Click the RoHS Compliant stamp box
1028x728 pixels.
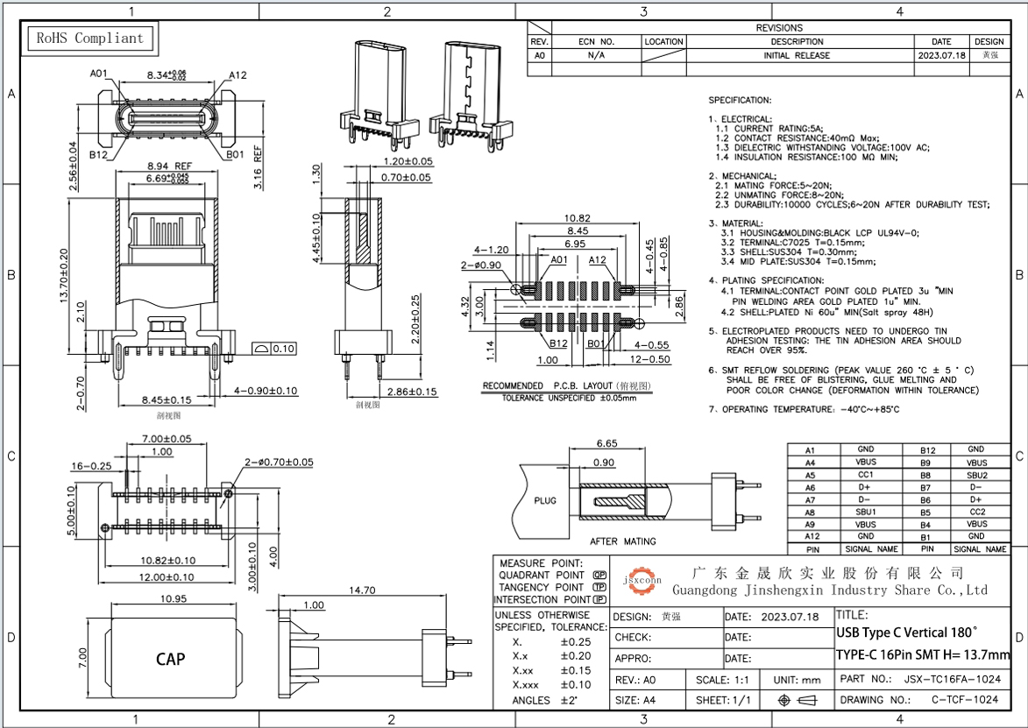tap(88, 39)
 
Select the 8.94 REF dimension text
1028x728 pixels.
tap(168, 165)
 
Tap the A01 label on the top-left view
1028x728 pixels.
tap(99, 74)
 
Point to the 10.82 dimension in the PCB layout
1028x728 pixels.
tap(577, 217)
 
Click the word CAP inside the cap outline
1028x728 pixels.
tap(170, 659)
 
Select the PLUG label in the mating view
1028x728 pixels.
tap(545, 501)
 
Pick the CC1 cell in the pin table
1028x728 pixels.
tap(865, 474)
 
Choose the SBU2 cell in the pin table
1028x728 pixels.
tap(977, 474)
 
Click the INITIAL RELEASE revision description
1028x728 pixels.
tap(797, 55)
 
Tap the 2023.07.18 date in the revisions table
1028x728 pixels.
tap(941, 55)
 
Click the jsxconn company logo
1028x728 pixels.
tap(642, 580)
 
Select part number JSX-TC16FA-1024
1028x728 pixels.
tap(951, 679)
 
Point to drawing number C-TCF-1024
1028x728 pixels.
tap(964, 700)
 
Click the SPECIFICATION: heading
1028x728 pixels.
tap(740, 101)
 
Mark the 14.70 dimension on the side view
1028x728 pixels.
tap(362, 590)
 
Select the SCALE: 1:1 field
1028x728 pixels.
tap(722, 679)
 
